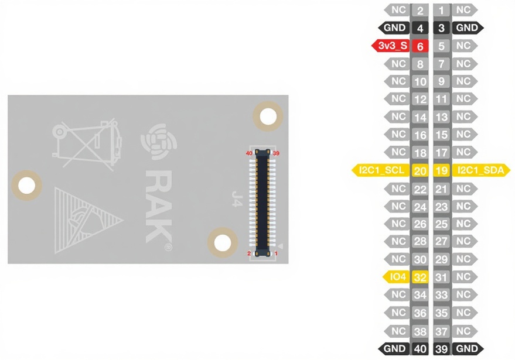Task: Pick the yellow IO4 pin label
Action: click(397, 277)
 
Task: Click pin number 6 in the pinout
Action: click(420, 46)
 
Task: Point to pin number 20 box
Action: click(420, 171)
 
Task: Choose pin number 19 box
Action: click(442, 171)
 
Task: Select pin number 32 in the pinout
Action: click(420, 277)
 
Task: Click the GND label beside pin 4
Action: click(395, 28)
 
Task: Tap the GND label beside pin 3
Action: click(467, 28)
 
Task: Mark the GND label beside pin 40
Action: click(395, 349)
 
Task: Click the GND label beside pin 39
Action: click(467, 349)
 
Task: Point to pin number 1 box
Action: click(442, 10)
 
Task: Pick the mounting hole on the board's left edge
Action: click(27, 186)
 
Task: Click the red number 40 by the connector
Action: click(249, 153)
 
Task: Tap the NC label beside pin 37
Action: click(463, 331)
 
